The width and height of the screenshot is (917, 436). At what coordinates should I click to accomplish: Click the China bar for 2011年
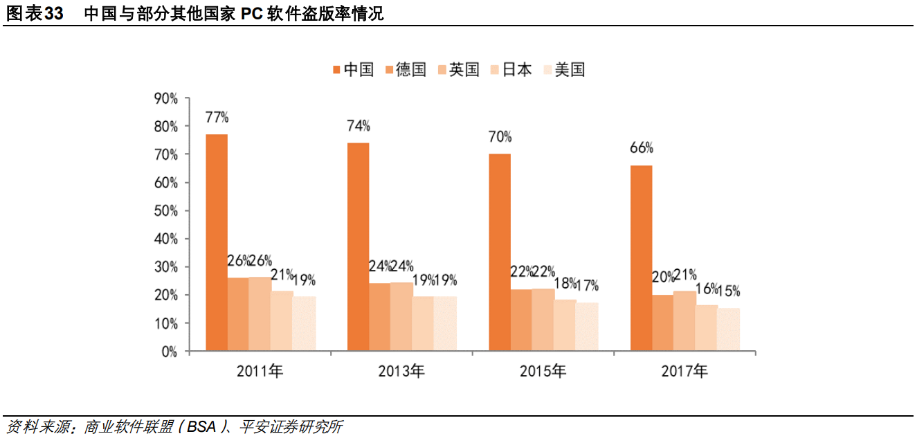pyautogui.click(x=217, y=242)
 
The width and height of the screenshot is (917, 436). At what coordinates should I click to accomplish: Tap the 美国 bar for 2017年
pyautogui.click(x=728, y=329)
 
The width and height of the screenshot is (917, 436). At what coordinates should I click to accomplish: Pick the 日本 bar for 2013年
pyautogui.click(x=423, y=323)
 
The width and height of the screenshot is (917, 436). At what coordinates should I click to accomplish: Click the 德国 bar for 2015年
pyautogui.click(x=521, y=320)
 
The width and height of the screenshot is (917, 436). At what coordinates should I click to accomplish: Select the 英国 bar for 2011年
pyautogui.click(x=260, y=314)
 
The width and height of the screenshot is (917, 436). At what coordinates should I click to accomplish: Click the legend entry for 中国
pyautogui.click(x=353, y=69)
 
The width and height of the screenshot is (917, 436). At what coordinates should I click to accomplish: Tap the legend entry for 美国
pyautogui.click(x=564, y=69)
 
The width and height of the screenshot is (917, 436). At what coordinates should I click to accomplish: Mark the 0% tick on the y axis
pyautogui.click(x=168, y=352)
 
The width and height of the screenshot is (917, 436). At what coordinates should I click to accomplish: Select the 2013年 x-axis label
pyautogui.click(x=401, y=372)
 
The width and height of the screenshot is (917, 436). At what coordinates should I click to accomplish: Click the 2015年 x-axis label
pyautogui.click(x=543, y=372)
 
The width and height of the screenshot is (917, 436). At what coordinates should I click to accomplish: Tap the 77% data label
pyautogui.click(x=217, y=117)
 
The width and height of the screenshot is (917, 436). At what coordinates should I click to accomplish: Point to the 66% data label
pyautogui.click(x=641, y=148)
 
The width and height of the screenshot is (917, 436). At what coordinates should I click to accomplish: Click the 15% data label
pyautogui.click(x=728, y=291)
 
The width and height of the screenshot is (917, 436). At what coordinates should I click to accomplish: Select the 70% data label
pyautogui.click(x=500, y=136)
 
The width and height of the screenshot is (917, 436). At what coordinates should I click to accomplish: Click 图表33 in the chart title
pyautogui.click(x=35, y=14)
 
